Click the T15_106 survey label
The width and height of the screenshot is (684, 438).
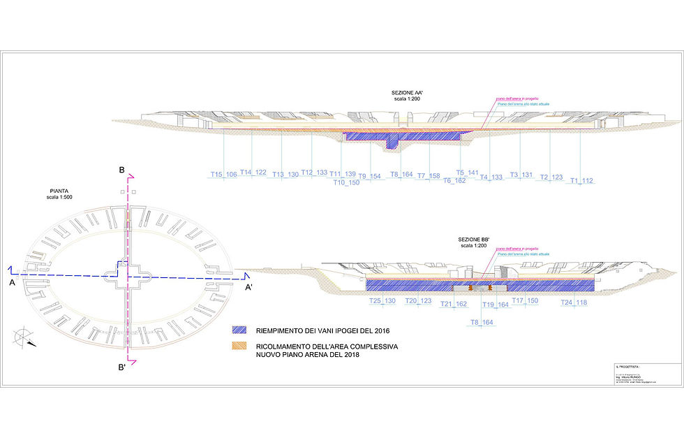coord(223,175)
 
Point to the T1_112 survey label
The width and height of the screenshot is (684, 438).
coord(581,181)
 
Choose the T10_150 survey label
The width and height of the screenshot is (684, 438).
coord(345,182)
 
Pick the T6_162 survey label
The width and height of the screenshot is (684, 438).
coord(454,180)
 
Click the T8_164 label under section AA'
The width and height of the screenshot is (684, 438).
coord(401,175)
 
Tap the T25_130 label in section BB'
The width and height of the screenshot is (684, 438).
coord(382,301)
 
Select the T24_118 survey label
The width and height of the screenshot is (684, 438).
coord(574,303)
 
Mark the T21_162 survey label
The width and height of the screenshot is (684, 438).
coord(454,304)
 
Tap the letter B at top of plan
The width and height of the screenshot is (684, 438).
coord(121,170)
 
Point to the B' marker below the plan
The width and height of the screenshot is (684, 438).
coord(121,367)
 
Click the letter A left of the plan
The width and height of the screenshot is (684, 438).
coord(11,284)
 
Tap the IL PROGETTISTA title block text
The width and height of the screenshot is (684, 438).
coord(627,367)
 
